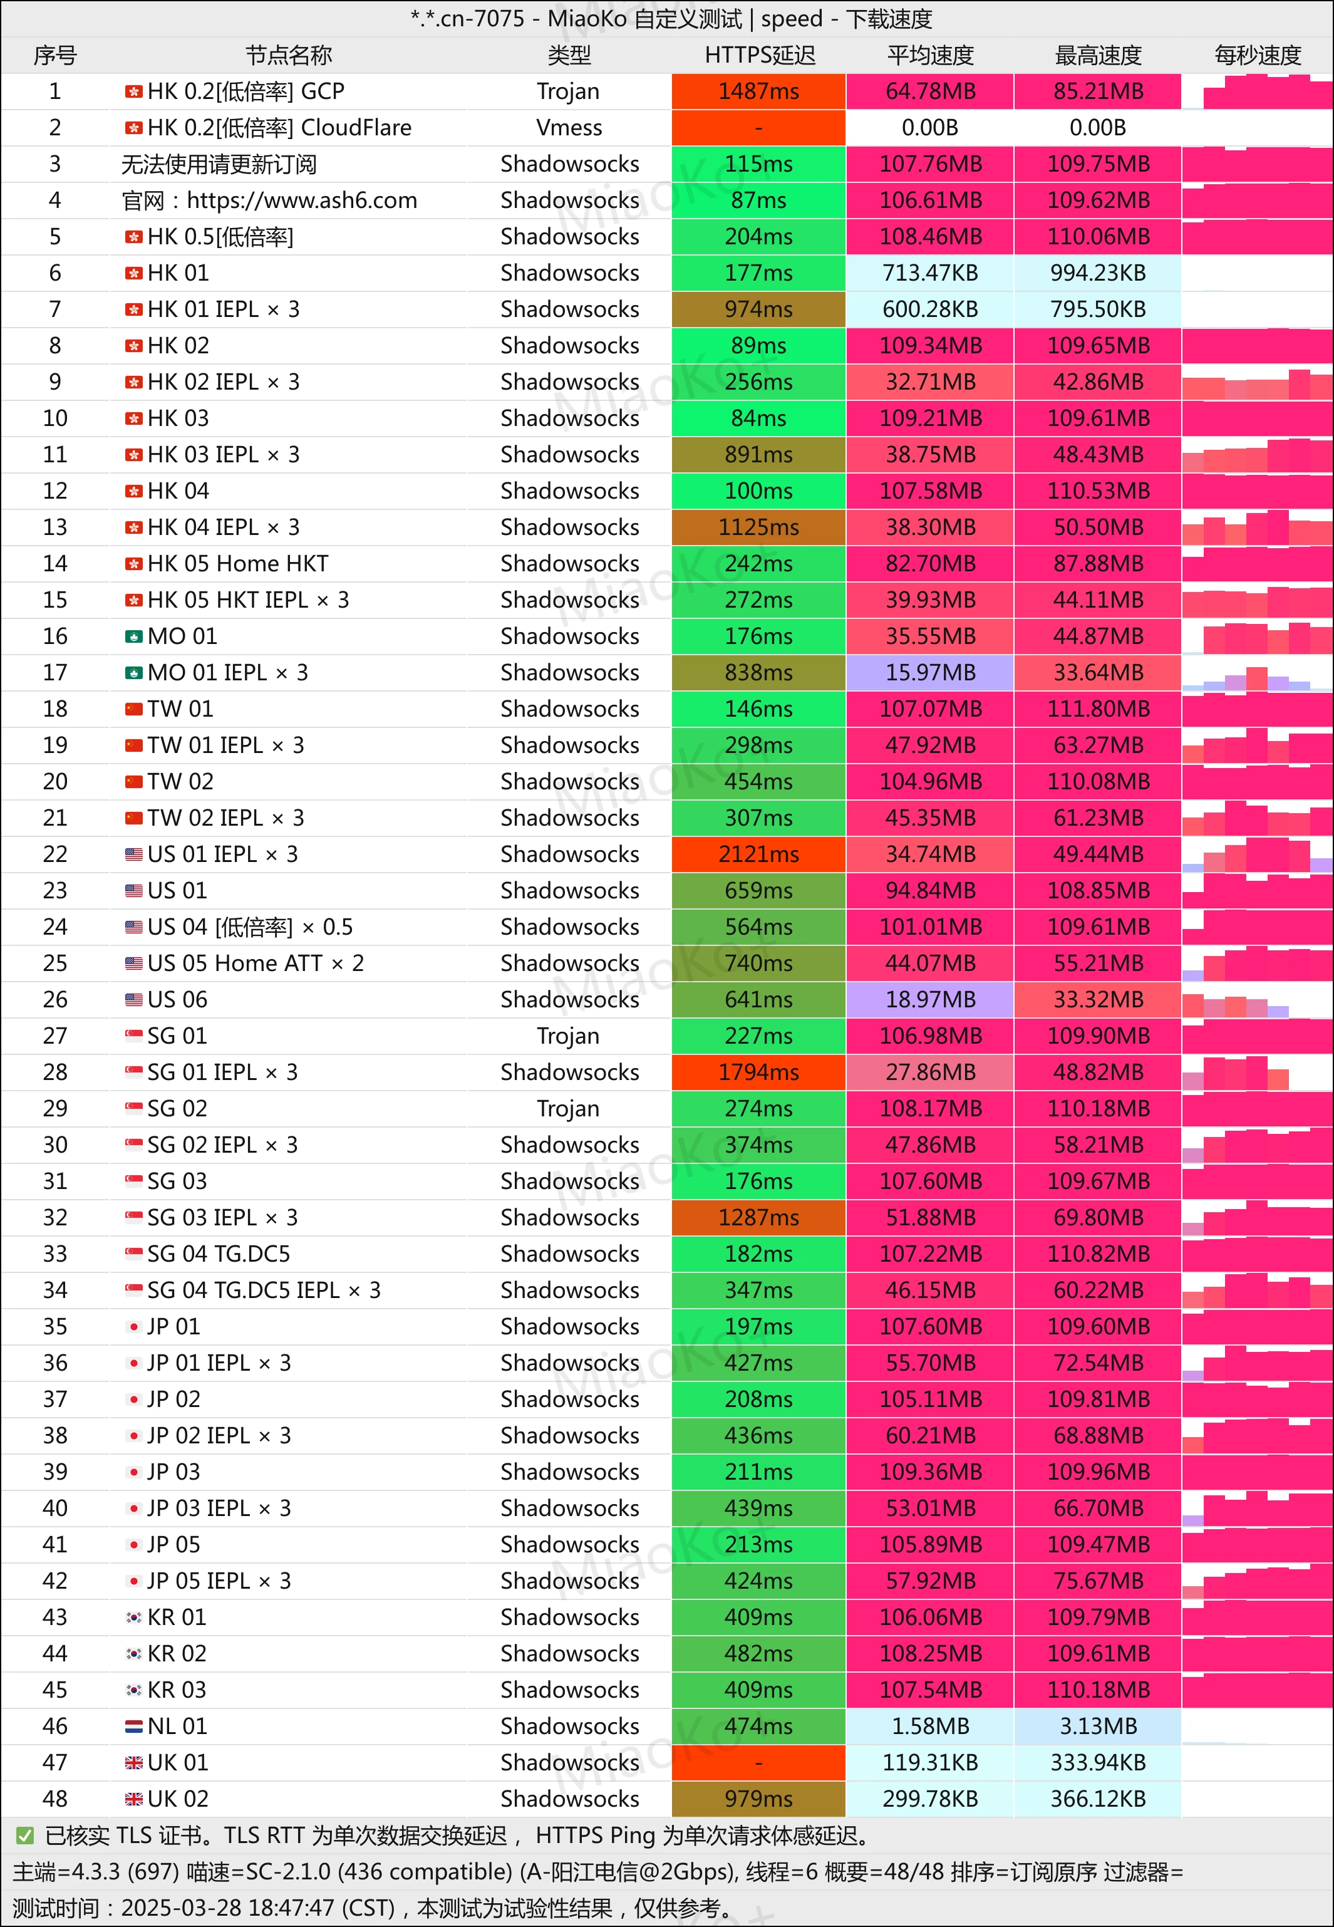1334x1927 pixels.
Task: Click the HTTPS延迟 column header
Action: click(759, 55)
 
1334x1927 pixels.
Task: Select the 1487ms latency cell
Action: click(759, 91)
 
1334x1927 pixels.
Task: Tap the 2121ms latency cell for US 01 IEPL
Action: click(759, 854)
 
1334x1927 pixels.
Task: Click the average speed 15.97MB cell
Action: click(930, 673)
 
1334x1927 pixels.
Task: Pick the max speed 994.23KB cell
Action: click(1097, 273)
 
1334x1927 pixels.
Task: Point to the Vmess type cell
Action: click(569, 128)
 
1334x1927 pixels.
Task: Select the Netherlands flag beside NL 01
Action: click(134, 1727)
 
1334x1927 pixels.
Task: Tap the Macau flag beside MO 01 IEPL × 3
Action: click(134, 673)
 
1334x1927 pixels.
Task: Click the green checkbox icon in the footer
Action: click(25, 1836)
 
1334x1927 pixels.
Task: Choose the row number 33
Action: click(55, 1254)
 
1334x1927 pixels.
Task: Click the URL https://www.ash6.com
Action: click(302, 200)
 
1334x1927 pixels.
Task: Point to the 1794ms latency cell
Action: click(759, 1073)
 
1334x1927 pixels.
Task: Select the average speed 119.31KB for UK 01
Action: click(930, 1763)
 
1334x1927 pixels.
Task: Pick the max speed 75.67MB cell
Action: click(1097, 1582)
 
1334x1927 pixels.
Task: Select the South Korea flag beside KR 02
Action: click(134, 1654)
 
